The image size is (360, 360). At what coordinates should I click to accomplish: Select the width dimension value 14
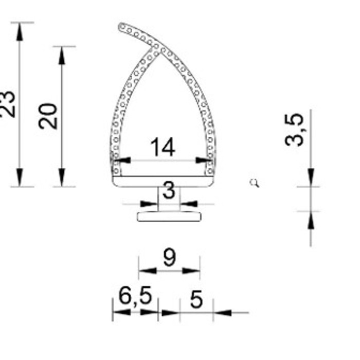(163, 148)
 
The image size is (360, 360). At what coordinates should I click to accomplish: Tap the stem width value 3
(169, 191)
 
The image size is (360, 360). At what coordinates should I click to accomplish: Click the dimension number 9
(169, 257)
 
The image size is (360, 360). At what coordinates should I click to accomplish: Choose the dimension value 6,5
(135, 296)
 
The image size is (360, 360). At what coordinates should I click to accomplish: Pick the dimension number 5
(196, 299)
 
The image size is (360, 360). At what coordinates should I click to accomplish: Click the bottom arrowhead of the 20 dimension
(62, 177)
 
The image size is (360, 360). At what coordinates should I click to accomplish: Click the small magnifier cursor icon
(254, 183)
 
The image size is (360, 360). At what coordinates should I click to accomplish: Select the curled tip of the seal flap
(122, 27)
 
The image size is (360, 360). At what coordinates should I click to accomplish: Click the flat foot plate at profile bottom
(169, 216)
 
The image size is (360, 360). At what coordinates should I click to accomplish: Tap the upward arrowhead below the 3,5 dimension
(311, 221)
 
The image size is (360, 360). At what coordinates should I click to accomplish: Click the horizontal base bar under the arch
(163, 181)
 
